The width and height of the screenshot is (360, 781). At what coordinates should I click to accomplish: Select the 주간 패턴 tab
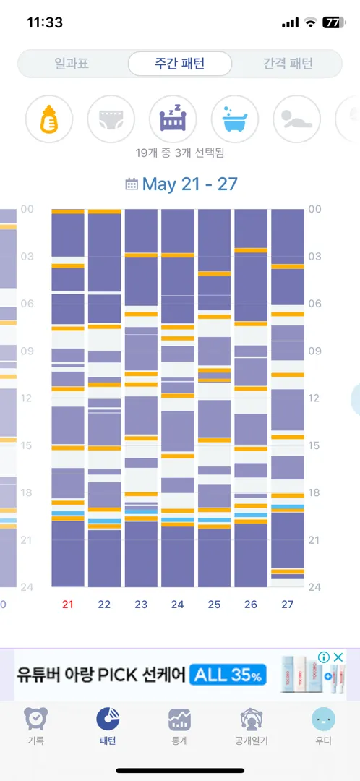[x=180, y=64]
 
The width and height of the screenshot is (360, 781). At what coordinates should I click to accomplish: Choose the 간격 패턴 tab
[x=288, y=64]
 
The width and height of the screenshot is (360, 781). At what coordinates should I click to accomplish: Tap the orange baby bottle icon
[x=49, y=119]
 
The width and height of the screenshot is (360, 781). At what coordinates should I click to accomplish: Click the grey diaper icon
[x=111, y=119]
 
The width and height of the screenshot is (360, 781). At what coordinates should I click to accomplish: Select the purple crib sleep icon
[x=173, y=119]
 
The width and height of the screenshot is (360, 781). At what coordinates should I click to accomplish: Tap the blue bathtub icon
[x=235, y=119]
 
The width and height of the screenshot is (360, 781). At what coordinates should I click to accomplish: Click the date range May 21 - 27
[x=189, y=184]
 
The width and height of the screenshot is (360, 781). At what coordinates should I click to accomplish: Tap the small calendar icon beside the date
[x=132, y=185]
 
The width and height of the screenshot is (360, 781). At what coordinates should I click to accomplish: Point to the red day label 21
[x=68, y=605]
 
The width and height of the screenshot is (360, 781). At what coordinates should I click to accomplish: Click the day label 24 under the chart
[x=178, y=605]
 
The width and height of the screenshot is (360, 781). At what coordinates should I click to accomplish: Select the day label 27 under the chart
[x=287, y=605]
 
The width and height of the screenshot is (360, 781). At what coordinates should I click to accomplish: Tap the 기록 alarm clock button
[x=36, y=727]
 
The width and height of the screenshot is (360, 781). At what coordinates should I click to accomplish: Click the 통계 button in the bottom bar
[x=180, y=727]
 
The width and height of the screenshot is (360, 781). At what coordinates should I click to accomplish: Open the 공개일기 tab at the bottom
[x=252, y=727]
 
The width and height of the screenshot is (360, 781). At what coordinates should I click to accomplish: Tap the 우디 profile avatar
[x=323, y=720]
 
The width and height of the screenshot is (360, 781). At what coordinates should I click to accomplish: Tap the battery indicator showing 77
[x=332, y=22]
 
